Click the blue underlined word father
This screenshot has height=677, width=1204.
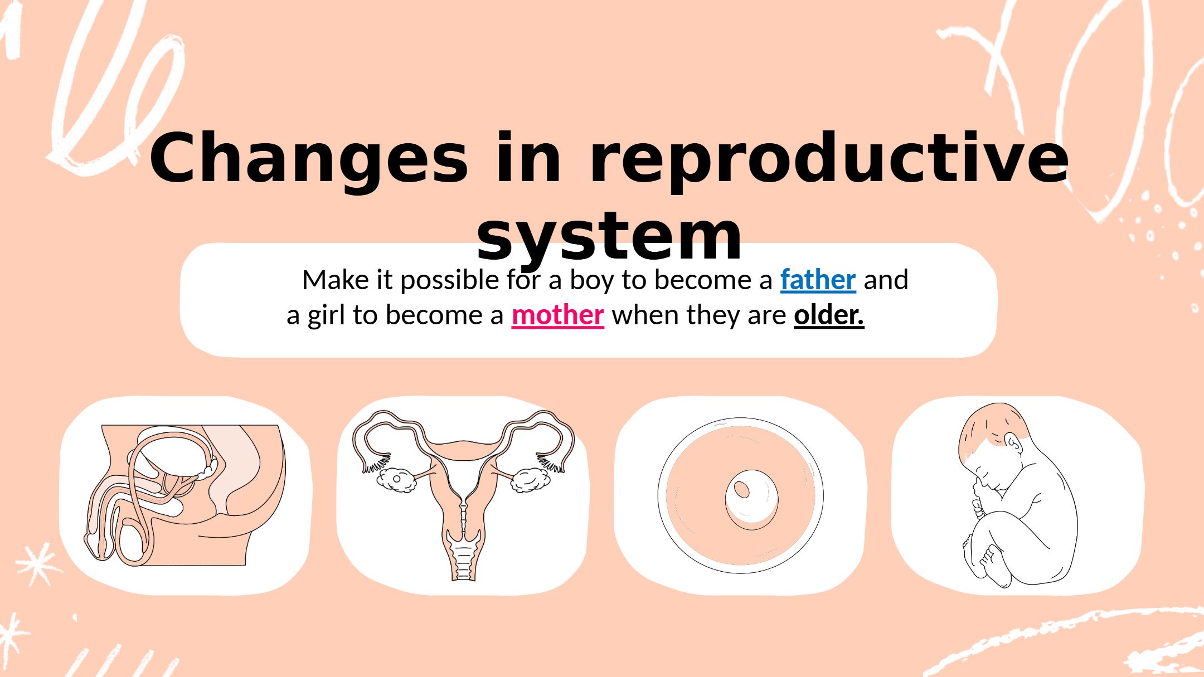(x=818, y=280)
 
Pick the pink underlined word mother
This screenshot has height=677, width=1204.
(x=557, y=315)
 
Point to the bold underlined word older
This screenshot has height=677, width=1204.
(x=829, y=315)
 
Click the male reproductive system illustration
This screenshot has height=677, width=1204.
(x=185, y=495)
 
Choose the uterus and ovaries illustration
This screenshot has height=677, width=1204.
(x=463, y=495)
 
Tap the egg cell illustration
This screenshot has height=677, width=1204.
(x=740, y=495)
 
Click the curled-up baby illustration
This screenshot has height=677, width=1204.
(x=1018, y=495)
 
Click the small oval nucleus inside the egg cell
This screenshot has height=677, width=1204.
(x=741, y=489)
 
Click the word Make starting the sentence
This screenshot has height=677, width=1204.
(x=336, y=280)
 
